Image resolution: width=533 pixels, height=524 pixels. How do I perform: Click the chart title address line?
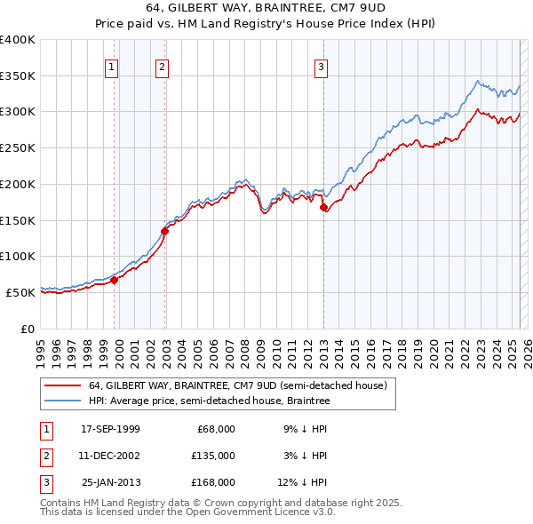[x=266, y=10]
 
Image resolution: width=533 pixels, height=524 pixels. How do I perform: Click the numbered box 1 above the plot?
[x=112, y=66]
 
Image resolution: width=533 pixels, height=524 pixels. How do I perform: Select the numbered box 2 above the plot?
[x=163, y=66]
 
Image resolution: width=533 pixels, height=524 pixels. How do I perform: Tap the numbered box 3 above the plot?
[x=321, y=66]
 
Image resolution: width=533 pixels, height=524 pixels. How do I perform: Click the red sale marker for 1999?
[x=114, y=279]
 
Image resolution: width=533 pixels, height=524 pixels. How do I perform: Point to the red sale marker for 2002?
[x=164, y=231]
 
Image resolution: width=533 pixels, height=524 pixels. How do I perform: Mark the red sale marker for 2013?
[x=323, y=207]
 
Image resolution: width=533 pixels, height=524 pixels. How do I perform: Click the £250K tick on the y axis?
[x=18, y=147]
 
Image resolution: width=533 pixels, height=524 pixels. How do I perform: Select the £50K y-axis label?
[x=21, y=291]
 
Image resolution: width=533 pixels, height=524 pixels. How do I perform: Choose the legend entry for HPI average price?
[x=209, y=401]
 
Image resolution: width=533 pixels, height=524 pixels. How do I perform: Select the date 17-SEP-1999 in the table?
[x=110, y=429]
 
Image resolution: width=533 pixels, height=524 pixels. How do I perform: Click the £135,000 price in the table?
[x=213, y=456]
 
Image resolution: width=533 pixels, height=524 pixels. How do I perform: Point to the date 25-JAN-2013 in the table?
[x=110, y=482]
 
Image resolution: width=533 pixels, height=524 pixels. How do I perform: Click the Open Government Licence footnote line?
[x=187, y=512]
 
